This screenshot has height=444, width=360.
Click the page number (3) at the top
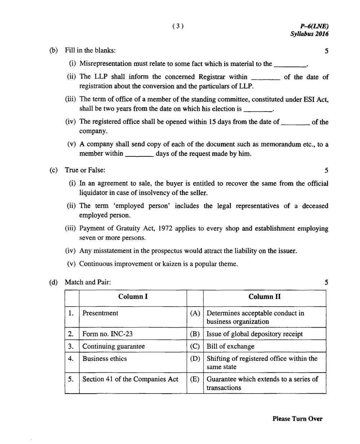coord(178,26)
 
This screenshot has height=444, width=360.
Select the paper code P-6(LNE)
coord(314,26)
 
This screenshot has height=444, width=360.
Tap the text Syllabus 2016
coord(310,34)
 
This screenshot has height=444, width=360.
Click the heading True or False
coord(85,170)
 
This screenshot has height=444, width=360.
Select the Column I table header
coord(133,297)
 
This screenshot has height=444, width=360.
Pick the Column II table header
coord(265,297)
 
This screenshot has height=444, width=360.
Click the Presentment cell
coord(100,313)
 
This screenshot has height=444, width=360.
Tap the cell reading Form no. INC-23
coord(107,334)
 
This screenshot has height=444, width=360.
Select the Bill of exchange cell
coord(230,346)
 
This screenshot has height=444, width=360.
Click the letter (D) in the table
coord(195,359)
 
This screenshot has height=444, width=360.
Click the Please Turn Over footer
coord(297,419)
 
